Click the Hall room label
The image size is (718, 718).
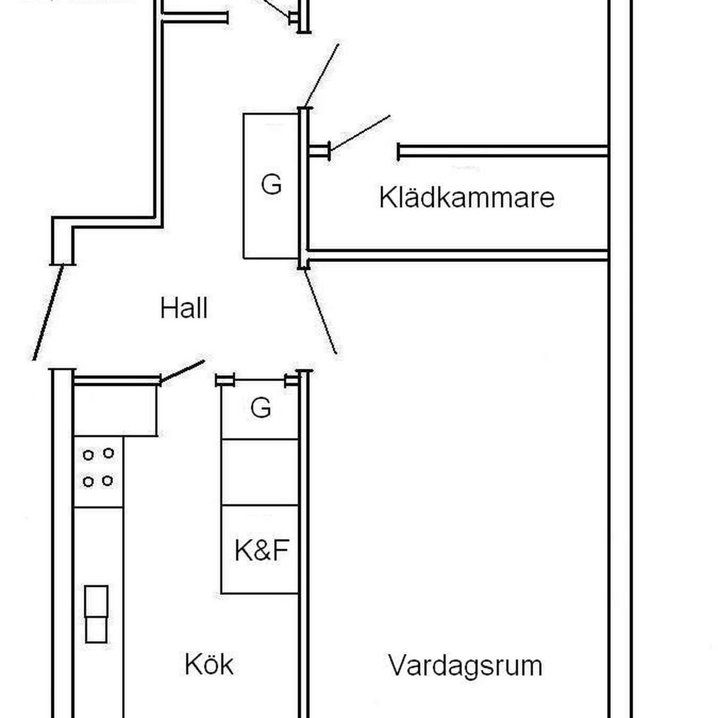pos(184,308)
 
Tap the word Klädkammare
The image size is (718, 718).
pos(467,197)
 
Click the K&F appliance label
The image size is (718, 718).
pos(261,550)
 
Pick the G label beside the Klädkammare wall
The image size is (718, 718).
pos(271,184)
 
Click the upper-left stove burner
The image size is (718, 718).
pos(88,455)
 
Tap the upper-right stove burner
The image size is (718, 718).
pos(108,453)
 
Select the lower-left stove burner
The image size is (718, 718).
pos(88,482)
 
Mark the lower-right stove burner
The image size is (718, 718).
pos(107,480)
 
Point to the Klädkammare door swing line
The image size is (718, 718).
pos(360,133)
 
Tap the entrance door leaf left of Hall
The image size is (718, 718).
pos(48,312)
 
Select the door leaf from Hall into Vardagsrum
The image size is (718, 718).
pos(321,312)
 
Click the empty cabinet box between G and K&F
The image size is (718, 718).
pos(260,472)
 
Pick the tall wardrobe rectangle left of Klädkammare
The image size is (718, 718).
pos(271,186)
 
